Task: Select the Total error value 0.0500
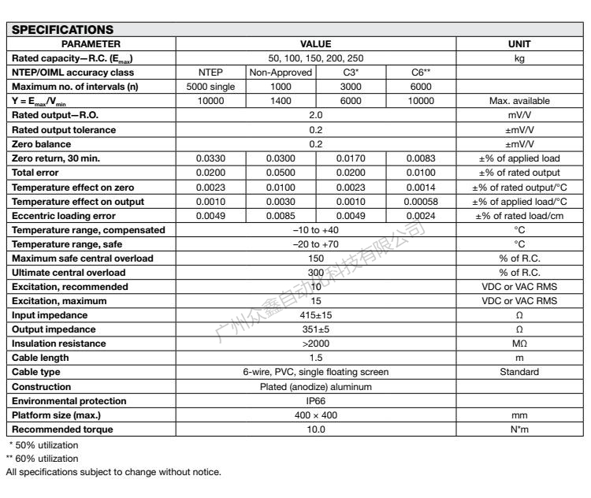coord(281,173)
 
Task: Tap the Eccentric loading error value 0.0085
coord(281,215)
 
